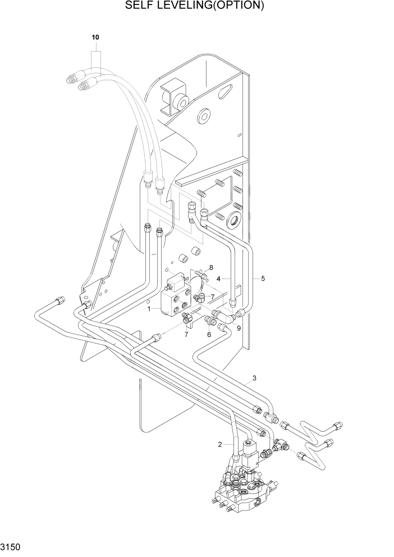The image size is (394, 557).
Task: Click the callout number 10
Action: click(x=95, y=37)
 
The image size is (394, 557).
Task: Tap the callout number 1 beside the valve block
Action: click(x=149, y=309)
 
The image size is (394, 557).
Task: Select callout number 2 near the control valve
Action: click(x=220, y=445)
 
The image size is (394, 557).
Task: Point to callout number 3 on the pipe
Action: click(x=220, y=278)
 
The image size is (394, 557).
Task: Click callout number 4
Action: click(x=262, y=278)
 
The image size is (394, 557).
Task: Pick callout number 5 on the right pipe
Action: click(x=209, y=334)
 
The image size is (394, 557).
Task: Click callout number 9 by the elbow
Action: click(x=239, y=328)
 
